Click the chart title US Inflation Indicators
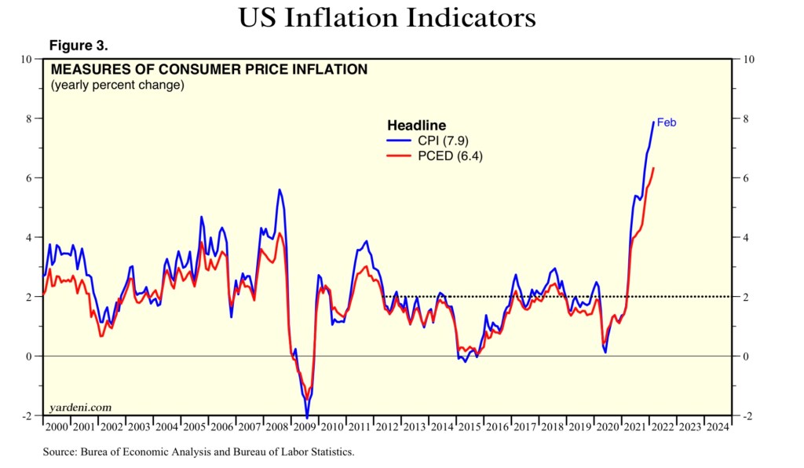pyautogui.click(x=388, y=17)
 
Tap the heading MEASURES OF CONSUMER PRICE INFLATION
pyautogui.click(x=209, y=69)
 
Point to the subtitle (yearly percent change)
pyautogui.click(x=117, y=85)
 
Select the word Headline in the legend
pyautogui.click(x=416, y=126)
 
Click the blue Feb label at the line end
pyautogui.click(x=666, y=122)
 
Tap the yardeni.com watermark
pyautogui.click(x=79, y=408)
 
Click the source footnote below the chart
pyautogui.click(x=199, y=452)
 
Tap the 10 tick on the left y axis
pyautogui.click(x=27, y=59)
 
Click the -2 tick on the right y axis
pyautogui.click(x=747, y=416)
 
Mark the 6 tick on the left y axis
pyautogui.click(x=30, y=178)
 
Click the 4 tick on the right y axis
pyautogui.click(x=745, y=237)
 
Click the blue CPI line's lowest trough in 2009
pyautogui.click(x=307, y=417)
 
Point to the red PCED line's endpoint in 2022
pyautogui.click(x=654, y=167)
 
